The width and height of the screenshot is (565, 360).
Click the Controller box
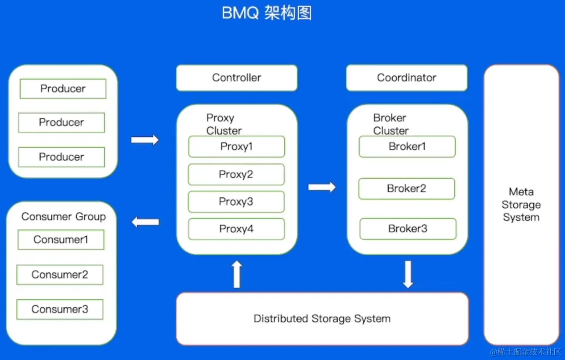[237, 78]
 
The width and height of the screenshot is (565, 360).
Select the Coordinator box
[407, 78]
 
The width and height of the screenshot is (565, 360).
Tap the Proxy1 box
[237, 147]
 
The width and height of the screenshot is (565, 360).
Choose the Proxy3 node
[236, 202]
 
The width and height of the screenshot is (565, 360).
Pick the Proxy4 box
[237, 229]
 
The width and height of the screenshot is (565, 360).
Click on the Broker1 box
[407, 147]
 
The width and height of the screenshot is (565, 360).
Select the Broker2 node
[407, 188]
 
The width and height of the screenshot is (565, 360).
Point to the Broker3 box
[408, 229]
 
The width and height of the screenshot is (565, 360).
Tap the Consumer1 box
[61, 239]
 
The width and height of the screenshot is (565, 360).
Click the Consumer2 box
[60, 275]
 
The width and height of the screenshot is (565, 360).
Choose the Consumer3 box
[60, 309]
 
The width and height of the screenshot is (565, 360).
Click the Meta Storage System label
[521, 205]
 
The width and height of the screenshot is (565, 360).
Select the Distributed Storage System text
[322, 318]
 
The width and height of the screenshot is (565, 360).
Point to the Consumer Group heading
[63, 217]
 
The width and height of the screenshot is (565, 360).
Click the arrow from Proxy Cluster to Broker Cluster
[322, 187]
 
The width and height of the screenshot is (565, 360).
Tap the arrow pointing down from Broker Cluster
[408, 274]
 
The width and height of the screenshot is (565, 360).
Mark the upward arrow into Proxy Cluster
[237, 274]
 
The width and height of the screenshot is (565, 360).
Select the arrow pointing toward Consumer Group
[145, 222]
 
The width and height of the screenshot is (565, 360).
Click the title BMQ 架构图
[266, 13]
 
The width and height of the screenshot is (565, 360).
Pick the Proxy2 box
[236, 175]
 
